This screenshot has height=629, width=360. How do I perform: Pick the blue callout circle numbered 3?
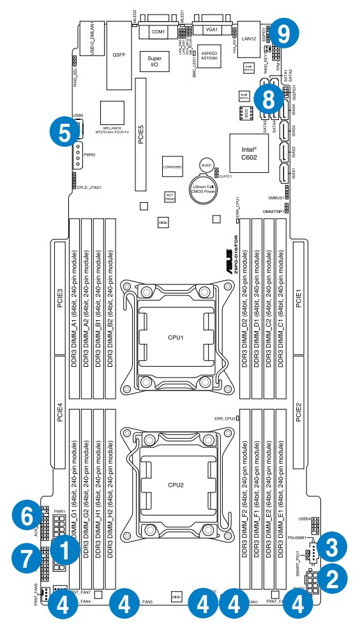click(x=333, y=546)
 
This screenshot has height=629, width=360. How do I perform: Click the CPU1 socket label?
click(x=176, y=337)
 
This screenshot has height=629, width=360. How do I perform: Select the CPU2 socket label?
click(x=176, y=485)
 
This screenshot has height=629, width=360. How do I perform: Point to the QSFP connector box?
click(x=119, y=56)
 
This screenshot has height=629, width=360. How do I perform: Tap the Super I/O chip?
click(x=154, y=61)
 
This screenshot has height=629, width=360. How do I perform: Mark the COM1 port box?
click(x=158, y=30)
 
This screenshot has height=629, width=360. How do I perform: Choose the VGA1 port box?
click(x=211, y=29)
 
